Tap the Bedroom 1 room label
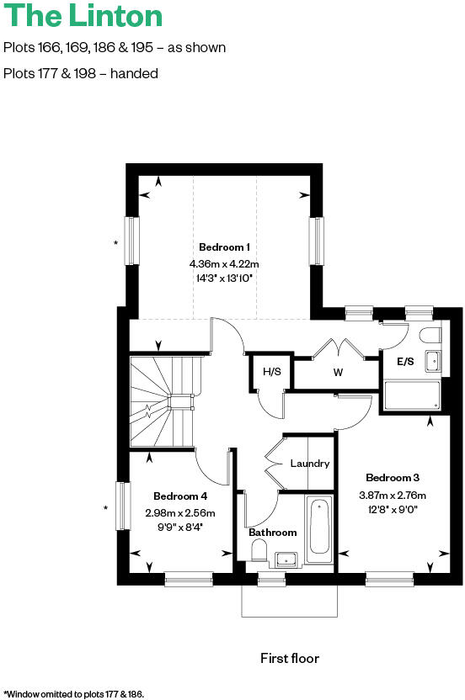coord(224,247)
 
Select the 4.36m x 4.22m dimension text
coord(224,262)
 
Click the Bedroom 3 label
coord(393,477)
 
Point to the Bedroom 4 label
coord(180,496)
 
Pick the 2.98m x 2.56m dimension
coord(180,512)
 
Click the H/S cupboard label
coord(271,372)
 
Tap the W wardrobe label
coord(339,372)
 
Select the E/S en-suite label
coord(405,362)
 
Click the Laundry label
coord(309,464)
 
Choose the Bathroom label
coord(272,533)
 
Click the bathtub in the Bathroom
coord(319,530)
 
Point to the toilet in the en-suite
coord(430,336)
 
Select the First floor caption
coord(290,658)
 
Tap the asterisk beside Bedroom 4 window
coord(105,508)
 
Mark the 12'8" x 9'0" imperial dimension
coord(393,508)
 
